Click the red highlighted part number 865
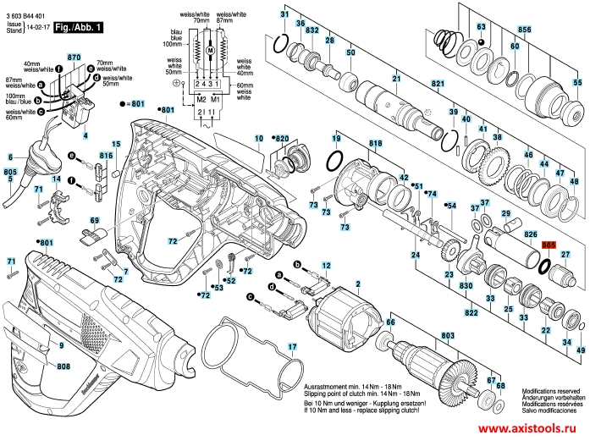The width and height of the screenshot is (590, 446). [x=549, y=244]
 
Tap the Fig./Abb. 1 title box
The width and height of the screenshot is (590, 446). [x=78, y=27]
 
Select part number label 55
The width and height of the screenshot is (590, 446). [x=577, y=83]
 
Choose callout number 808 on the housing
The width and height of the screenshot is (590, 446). [x=63, y=366]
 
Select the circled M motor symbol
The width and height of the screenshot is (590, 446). [x=204, y=52]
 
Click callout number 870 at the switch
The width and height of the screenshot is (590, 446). [x=73, y=57]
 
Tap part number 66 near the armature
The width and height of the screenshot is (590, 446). [x=390, y=321]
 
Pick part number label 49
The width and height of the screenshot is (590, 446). [x=580, y=350]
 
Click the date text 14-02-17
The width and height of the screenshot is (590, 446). [x=37, y=28]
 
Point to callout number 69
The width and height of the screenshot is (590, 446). [x=95, y=221]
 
